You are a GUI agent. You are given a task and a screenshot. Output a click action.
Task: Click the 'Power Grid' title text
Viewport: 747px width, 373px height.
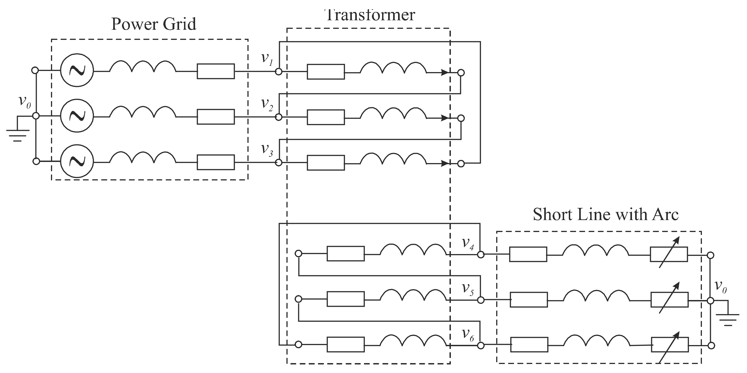[x=154, y=24]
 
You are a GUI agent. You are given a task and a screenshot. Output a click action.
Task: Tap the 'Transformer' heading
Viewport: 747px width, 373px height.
[x=370, y=14]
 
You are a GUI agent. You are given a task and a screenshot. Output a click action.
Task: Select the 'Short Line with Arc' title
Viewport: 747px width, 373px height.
[x=606, y=215]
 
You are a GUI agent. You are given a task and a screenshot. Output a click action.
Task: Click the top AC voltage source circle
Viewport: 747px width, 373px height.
[x=77, y=70]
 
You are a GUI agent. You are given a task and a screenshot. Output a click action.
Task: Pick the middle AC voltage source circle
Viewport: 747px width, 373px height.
[x=77, y=116]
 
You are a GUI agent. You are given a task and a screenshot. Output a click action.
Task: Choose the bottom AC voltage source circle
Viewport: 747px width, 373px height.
[x=77, y=161]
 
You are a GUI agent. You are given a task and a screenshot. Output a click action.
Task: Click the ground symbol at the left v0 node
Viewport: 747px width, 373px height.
[x=17, y=135]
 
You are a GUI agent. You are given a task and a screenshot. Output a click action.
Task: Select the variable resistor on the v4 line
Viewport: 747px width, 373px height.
[x=669, y=254]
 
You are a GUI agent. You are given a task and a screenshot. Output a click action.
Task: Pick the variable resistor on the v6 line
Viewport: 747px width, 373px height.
[x=670, y=345]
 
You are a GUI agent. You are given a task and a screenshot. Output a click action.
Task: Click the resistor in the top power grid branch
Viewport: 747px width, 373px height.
[x=216, y=71]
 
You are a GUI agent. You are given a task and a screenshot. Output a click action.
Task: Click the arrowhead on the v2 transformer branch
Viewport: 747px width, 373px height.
[x=445, y=118]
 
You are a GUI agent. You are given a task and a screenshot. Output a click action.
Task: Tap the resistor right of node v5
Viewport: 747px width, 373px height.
[x=529, y=300]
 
